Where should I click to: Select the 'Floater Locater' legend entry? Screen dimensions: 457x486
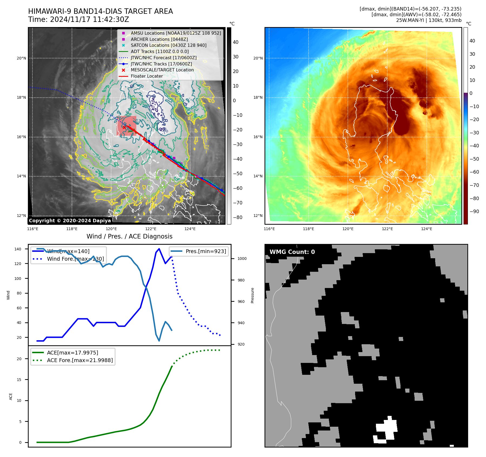(147, 76)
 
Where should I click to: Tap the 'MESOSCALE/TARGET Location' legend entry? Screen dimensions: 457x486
(162, 70)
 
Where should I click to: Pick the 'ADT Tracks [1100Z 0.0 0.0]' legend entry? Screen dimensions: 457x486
(160, 51)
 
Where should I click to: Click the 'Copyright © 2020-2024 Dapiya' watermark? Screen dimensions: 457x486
(70, 221)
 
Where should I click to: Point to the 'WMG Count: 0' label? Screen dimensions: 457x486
(292, 252)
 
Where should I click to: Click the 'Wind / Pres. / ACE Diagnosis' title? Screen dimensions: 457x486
(129, 236)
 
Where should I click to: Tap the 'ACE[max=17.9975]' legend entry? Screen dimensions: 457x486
(72, 353)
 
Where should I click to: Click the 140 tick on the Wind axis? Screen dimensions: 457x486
(18, 249)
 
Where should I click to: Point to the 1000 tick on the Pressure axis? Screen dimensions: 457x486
(242, 259)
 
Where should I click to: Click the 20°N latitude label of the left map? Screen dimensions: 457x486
(22, 58)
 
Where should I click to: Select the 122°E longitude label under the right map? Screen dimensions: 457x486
(387, 229)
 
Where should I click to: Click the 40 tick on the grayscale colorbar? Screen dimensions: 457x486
(236, 42)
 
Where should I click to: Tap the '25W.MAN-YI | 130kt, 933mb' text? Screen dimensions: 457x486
(429, 20)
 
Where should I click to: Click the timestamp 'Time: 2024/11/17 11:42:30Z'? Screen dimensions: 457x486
(78, 19)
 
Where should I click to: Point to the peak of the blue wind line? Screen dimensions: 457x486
(159, 249)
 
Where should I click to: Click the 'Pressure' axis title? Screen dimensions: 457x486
(252, 295)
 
